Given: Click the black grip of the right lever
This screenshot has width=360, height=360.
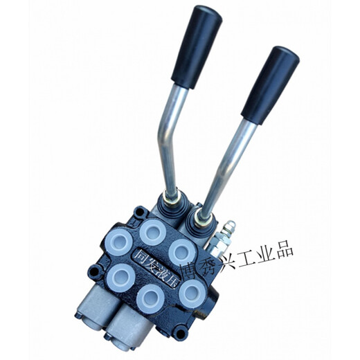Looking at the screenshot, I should tap(271, 82).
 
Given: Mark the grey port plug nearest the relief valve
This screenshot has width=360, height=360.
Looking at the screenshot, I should tap(182, 251).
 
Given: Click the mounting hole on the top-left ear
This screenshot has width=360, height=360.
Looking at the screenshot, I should tap(140, 211).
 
